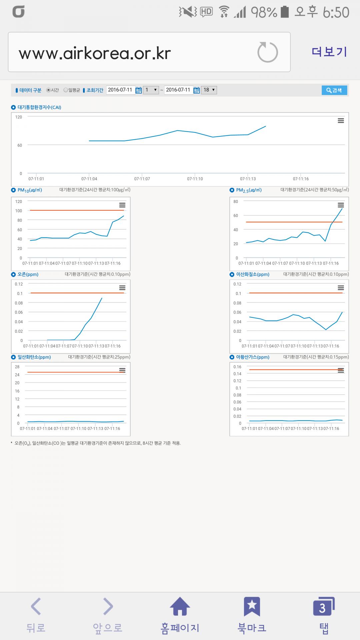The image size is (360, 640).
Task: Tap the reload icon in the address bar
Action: pyautogui.click(x=267, y=52)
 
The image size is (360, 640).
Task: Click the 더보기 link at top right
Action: pyautogui.click(x=329, y=52)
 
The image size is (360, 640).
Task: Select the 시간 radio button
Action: pyautogui.click(x=48, y=90)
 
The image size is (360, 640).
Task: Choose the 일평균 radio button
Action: pyautogui.click(x=66, y=90)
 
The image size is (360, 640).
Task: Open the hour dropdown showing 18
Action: pyautogui.click(x=209, y=90)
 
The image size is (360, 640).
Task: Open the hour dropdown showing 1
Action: pyautogui.click(x=151, y=90)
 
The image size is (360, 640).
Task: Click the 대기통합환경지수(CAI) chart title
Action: pyautogui.click(x=39, y=107)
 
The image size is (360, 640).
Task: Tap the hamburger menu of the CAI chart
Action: pyautogui.click(x=341, y=121)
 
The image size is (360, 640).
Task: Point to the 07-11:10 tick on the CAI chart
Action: pyautogui.click(x=195, y=179)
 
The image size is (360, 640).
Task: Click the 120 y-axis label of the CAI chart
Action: pyautogui.click(x=19, y=117)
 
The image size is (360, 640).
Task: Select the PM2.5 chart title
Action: pyautogui.click(x=249, y=190)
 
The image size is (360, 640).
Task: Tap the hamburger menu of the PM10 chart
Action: pyautogui.click(x=122, y=205)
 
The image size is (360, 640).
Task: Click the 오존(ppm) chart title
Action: pyautogui.click(x=28, y=274)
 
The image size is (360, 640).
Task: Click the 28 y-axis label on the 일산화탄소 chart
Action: pyautogui.click(x=17, y=367)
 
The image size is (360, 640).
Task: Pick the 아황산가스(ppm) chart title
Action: pyautogui.click(x=252, y=357)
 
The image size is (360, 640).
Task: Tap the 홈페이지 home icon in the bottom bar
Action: pyautogui.click(x=180, y=606)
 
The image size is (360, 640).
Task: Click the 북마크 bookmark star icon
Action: pyautogui.click(x=252, y=606)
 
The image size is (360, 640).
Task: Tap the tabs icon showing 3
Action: pyautogui.click(x=323, y=606)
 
